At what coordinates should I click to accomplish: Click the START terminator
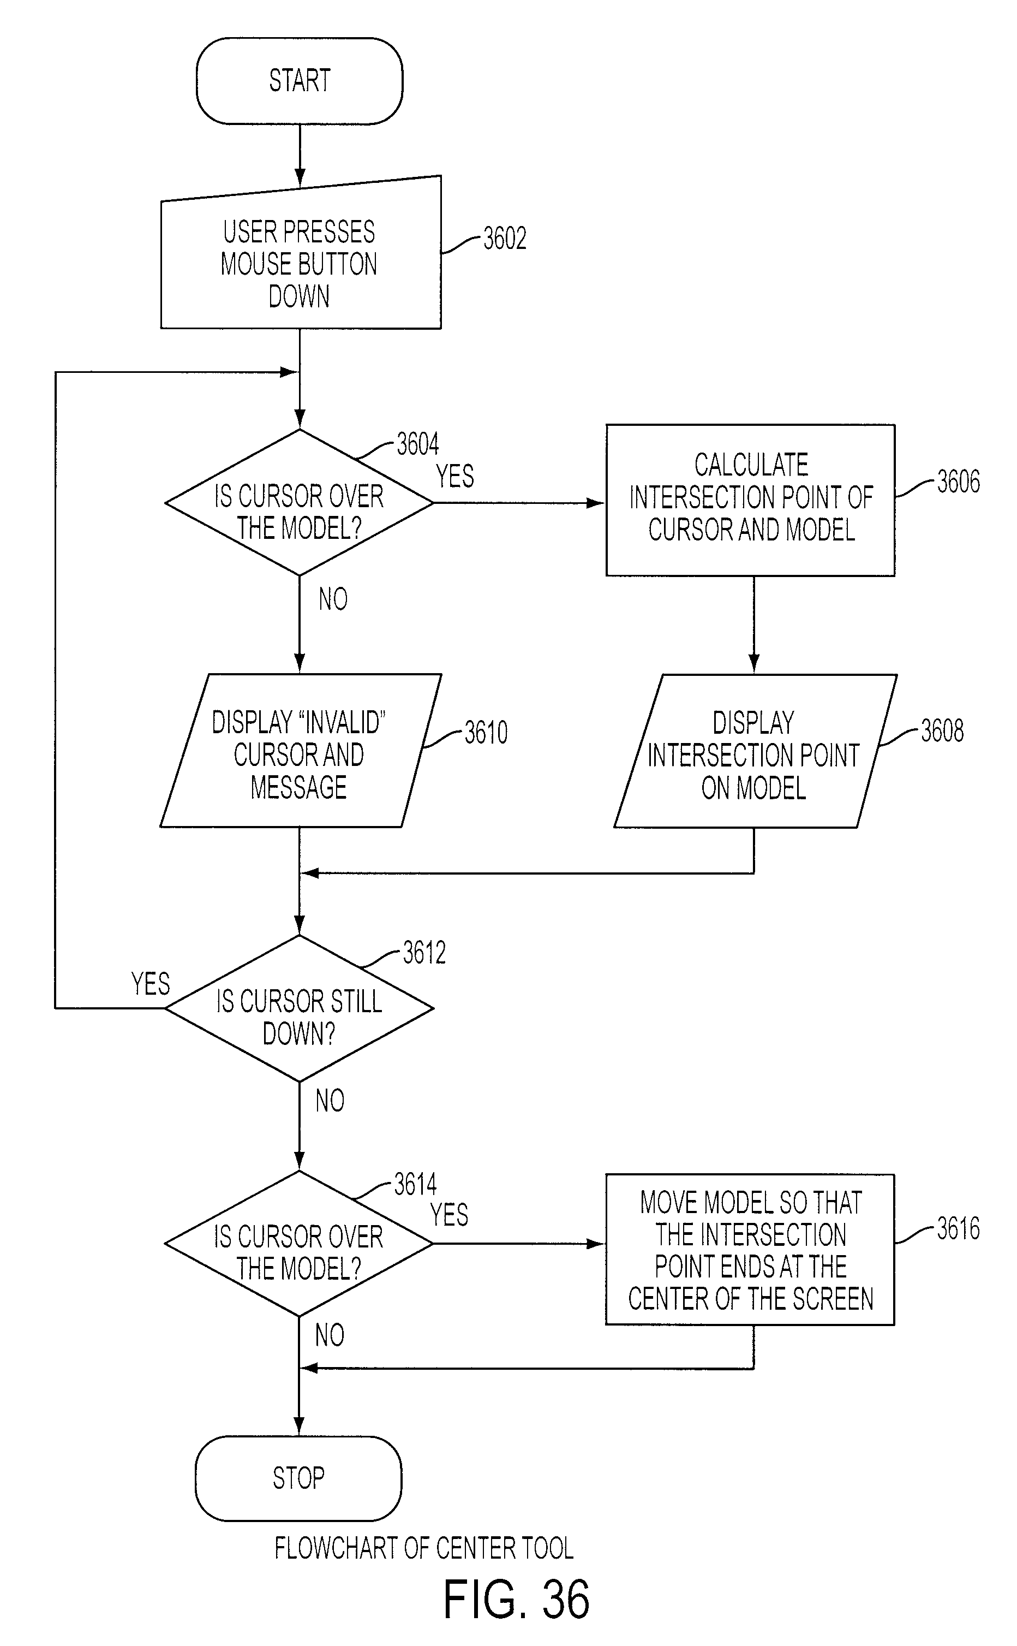(x=300, y=81)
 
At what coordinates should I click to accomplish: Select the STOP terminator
(x=298, y=1478)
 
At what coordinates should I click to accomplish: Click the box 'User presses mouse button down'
(x=301, y=255)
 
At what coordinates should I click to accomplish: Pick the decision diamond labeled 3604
(x=300, y=503)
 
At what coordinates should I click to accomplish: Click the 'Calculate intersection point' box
(x=751, y=500)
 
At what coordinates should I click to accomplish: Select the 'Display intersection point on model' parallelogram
(x=755, y=751)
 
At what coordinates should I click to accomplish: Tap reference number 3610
(x=486, y=732)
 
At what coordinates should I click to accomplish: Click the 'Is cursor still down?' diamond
(x=300, y=1008)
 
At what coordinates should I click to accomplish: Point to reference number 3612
(x=424, y=953)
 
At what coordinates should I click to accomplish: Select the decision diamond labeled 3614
(x=298, y=1244)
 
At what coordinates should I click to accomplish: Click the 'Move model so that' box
(x=750, y=1250)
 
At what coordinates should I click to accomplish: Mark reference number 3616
(x=959, y=1229)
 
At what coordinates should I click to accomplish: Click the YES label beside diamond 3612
(x=151, y=984)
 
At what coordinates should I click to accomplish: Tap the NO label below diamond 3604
(x=333, y=599)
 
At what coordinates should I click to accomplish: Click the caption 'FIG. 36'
(x=517, y=1600)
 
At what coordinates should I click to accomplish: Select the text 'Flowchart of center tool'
(x=424, y=1548)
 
